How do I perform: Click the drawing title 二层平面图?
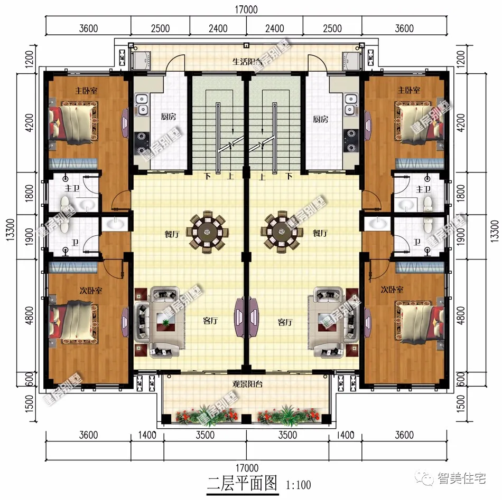coord(241,483)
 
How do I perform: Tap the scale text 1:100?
coord(298,484)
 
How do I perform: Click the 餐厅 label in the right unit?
coord(320,232)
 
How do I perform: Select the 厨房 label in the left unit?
coord(169,118)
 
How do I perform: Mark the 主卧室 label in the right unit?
coord(408,91)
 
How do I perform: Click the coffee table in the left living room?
coord(166,322)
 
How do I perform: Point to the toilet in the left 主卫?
coord(64,203)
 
